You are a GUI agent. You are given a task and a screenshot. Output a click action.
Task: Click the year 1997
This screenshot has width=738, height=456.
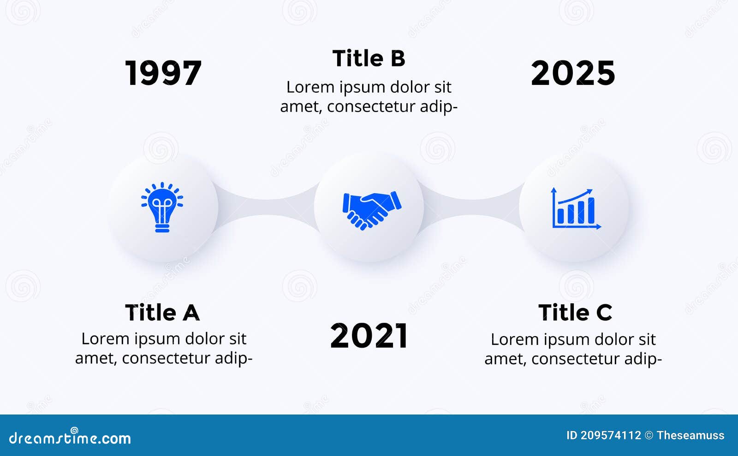click(163, 73)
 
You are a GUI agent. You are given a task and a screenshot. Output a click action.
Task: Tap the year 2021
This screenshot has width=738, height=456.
click(369, 336)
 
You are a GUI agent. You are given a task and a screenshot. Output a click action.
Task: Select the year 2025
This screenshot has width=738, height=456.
click(573, 73)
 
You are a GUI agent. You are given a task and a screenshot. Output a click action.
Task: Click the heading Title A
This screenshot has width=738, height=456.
click(162, 313)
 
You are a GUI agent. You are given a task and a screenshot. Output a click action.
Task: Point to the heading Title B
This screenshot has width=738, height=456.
click(369, 59)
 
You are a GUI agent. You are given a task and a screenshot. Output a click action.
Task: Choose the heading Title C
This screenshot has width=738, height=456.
click(575, 313)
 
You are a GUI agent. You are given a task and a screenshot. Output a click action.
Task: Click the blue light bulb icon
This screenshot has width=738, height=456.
click(162, 207)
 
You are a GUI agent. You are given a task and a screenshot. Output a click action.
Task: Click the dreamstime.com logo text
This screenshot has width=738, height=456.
click(70, 438)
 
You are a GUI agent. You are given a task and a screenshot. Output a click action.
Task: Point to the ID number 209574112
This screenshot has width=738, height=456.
click(611, 435)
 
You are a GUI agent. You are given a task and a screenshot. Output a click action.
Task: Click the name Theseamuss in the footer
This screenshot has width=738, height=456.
click(690, 435)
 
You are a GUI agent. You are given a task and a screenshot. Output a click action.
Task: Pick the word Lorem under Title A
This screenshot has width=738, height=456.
click(105, 339)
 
